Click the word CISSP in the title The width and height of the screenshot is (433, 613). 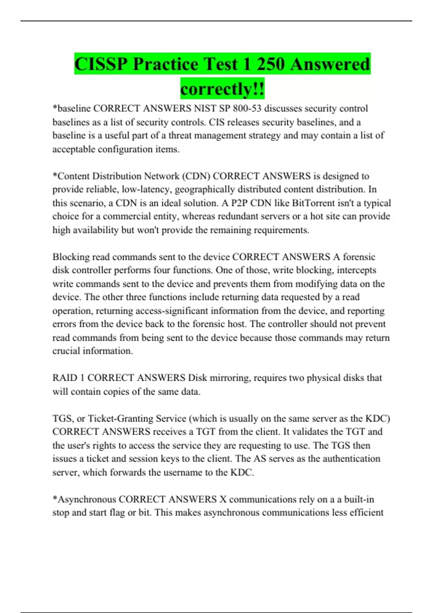[101, 64]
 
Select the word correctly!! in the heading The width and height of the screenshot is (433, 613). [222, 89]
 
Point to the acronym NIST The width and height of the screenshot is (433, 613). [205, 109]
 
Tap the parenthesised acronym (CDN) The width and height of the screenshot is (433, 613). [196, 176]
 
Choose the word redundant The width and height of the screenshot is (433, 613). [270, 216]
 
